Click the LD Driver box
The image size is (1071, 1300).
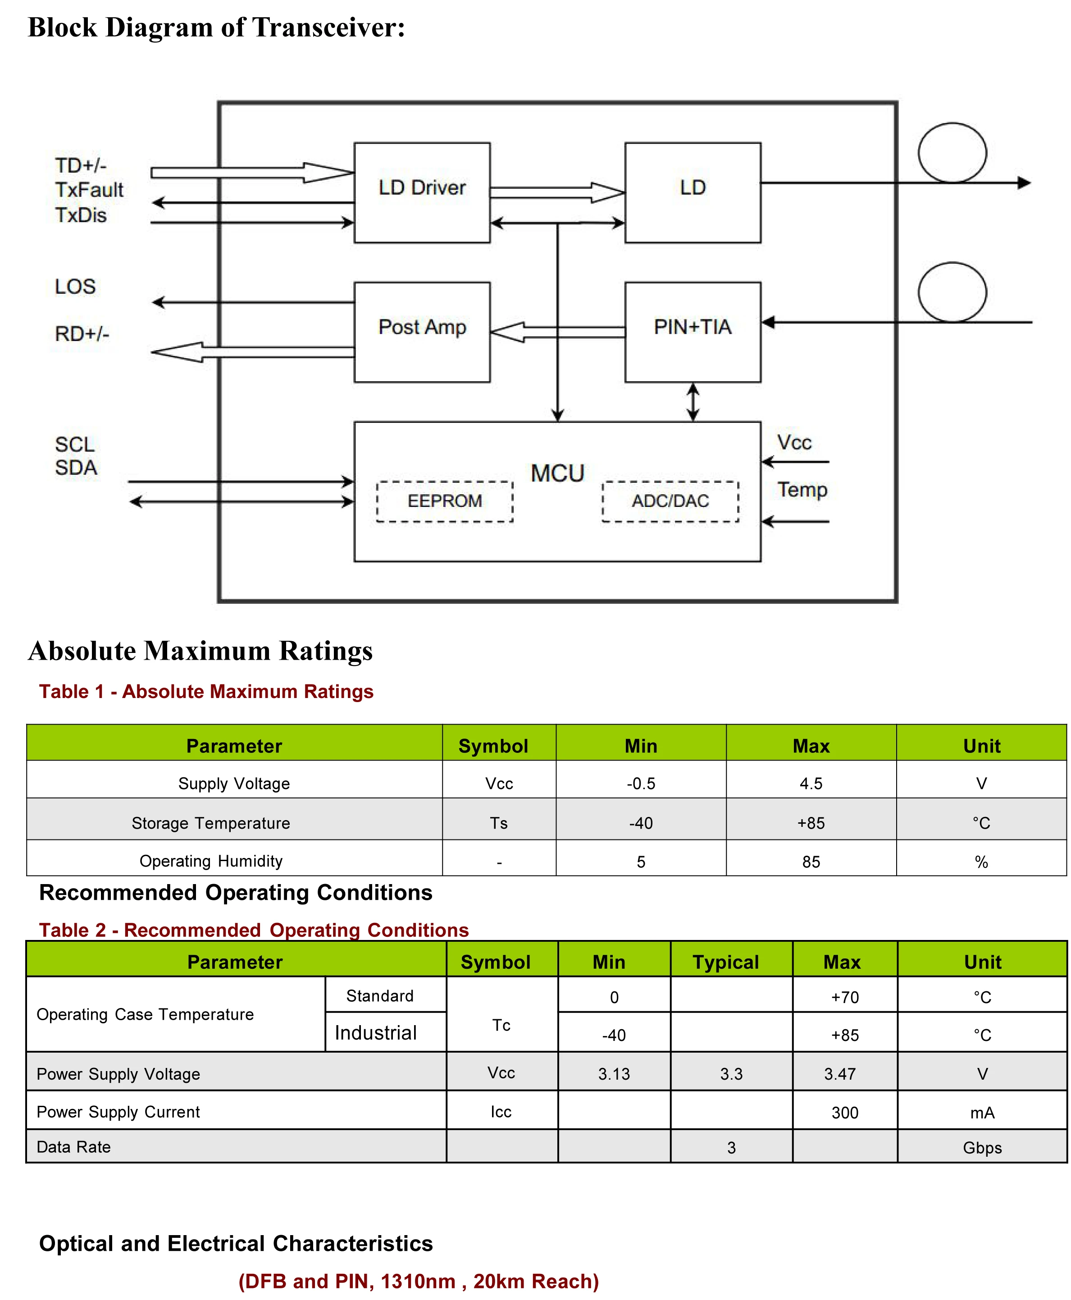pos(422,192)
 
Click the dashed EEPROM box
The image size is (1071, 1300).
pos(445,501)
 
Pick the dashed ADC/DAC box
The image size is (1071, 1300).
pos(670,501)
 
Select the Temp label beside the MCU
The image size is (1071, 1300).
pos(802,490)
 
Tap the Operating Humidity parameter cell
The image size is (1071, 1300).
pos(211,861)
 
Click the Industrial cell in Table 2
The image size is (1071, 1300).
pos(376,1033)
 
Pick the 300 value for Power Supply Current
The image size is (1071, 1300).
pos(844,1113)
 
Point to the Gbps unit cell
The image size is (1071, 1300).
pos(982,1148)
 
